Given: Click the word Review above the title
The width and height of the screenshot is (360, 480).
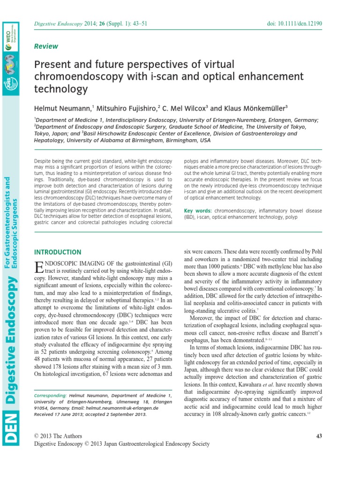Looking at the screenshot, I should click(46, 46).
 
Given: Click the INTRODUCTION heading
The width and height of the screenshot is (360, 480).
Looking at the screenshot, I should click(58, 252).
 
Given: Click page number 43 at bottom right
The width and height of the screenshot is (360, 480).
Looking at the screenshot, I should click(319, 436).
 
